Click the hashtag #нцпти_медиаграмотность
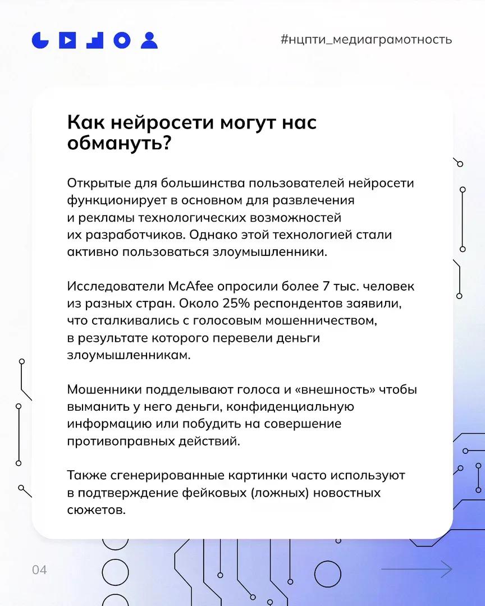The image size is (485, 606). [366, 40]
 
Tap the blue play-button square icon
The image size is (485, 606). [67, 40]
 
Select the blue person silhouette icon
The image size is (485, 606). [149, 40]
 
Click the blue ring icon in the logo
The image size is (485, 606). [122, 40]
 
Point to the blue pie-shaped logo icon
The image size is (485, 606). [40, 40]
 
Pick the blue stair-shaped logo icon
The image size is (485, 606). [95, 40]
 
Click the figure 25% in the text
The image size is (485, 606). [236, 304]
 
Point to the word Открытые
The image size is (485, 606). [99, 183]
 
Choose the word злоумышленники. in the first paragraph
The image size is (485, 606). [269, 252]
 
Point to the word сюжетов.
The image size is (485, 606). [97, 510]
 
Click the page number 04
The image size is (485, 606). [39, 570]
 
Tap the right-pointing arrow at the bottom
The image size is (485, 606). [417, 569]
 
